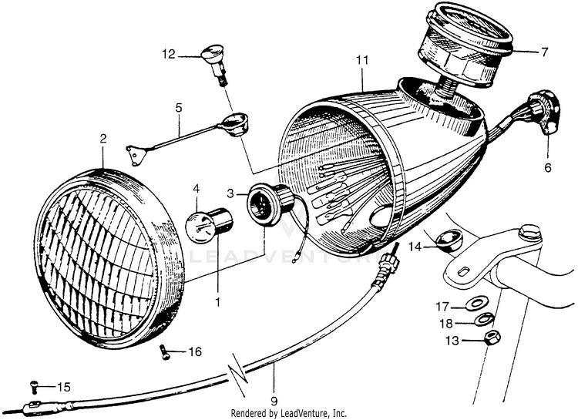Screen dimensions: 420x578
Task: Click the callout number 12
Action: tap(169, 54)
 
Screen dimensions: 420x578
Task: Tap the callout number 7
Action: tap(544, 52)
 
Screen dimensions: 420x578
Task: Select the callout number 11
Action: tap(362, 59)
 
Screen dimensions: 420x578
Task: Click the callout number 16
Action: tap(194, 352)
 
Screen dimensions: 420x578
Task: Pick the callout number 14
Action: tap(415, 247)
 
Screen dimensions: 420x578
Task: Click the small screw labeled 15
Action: tap(34, 385)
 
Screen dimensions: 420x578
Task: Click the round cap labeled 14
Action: tap(445, 242)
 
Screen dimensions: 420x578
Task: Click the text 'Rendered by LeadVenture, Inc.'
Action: tap(288, 413)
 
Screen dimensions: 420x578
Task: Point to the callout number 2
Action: tap(102, 139)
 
